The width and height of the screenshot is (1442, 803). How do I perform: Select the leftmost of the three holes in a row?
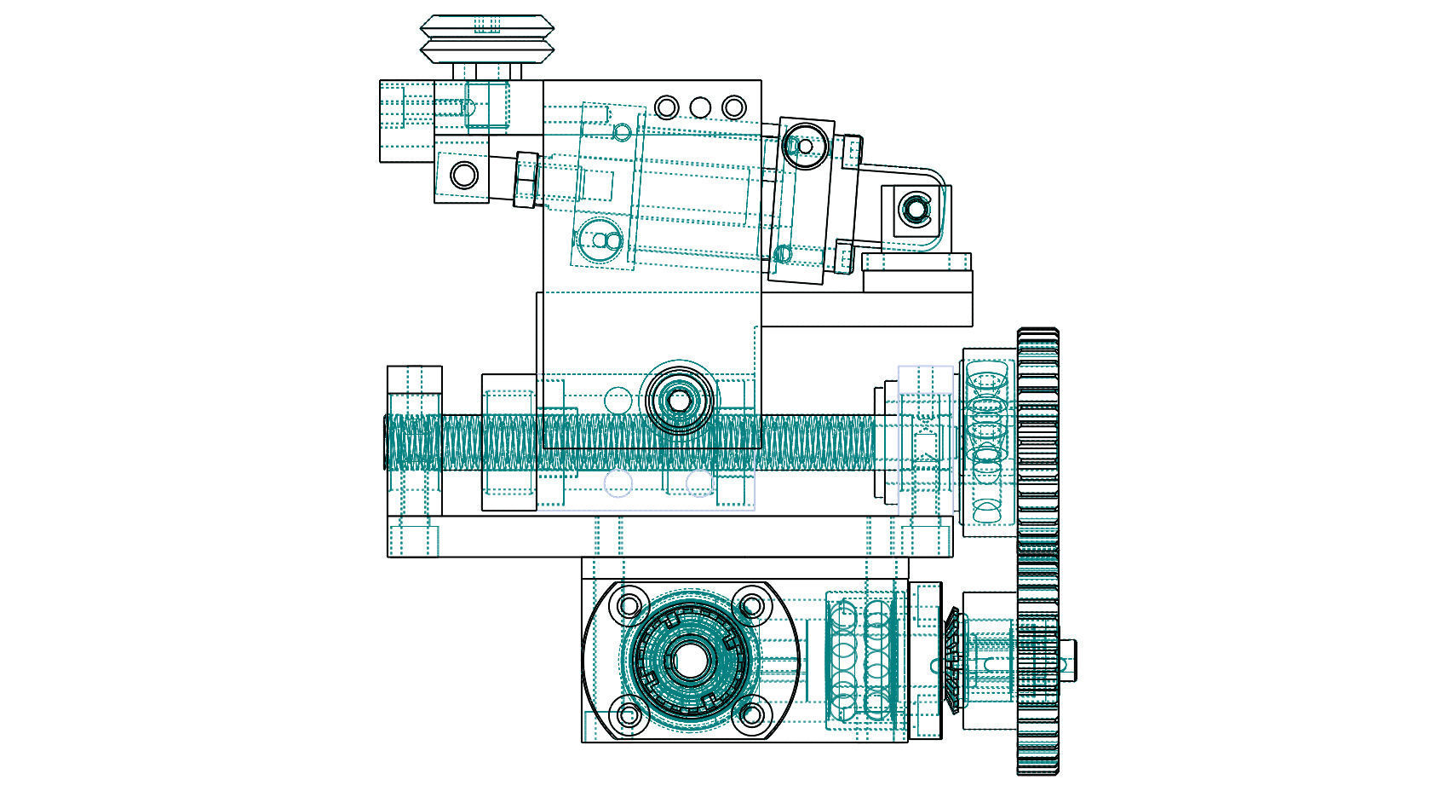[667, 107]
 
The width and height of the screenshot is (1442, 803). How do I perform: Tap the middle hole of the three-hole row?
[700, 107]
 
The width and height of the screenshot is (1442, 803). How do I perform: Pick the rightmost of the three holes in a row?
[733, 107]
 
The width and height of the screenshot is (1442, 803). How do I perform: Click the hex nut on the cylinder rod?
[526, 179]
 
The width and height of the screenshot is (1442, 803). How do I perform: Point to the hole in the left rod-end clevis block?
[464, 176]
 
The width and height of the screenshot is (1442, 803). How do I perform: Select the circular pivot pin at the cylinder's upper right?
[803, 146]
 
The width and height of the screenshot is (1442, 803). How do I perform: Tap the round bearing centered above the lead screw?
[679, 399]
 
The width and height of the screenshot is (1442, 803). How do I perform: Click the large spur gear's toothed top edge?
[1038, 333]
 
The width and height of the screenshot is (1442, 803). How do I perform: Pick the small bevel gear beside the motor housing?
[952, 661]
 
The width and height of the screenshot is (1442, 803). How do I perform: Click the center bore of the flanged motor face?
[688, 661]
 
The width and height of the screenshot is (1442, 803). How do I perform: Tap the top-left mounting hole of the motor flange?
[629, 606]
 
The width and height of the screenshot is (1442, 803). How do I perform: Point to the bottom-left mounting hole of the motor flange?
[629, 714]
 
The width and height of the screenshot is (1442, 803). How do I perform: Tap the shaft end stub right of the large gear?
[1069, 660]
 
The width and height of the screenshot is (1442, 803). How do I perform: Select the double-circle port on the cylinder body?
[605, 242]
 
